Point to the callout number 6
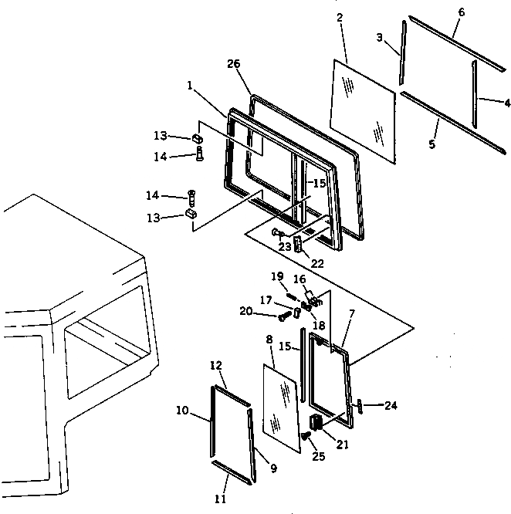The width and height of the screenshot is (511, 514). click(461, 13)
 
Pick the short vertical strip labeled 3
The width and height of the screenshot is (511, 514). click(402, 54)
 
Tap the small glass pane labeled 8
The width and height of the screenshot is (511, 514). click(281, 407)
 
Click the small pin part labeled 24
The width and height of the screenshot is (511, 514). click(360, 406)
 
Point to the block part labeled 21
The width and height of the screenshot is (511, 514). click(315, 423)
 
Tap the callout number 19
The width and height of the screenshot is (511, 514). click(277, 276)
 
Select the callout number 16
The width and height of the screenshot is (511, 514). click(299, 279)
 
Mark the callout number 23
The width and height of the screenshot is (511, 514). click(284, 246)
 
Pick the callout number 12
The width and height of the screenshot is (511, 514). click(216, 364)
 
